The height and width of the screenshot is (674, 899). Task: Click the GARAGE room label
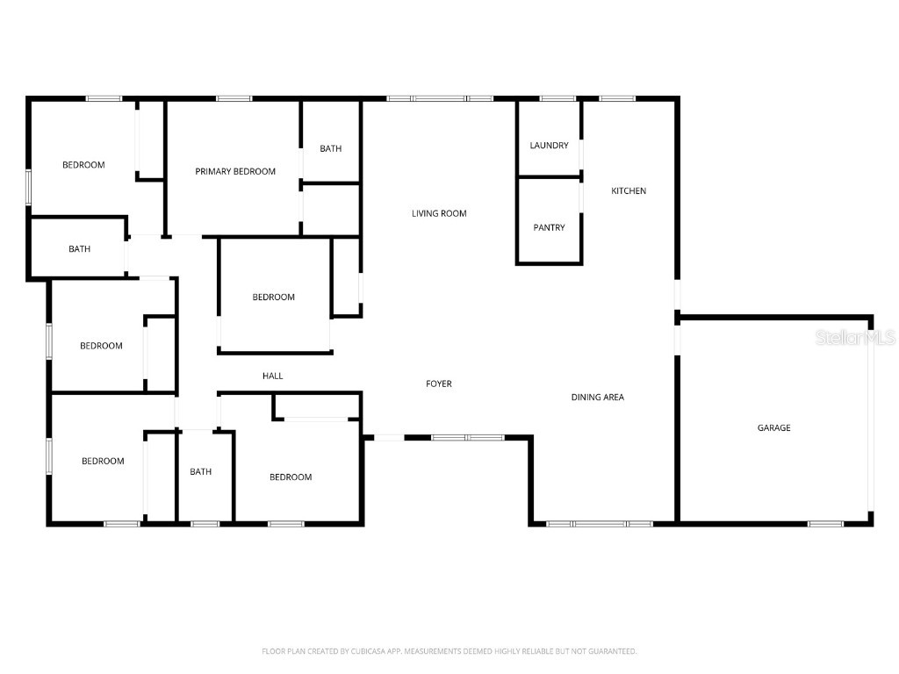coord(773,427)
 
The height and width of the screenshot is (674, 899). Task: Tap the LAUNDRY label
coord(549,146)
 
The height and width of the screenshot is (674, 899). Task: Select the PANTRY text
coord(549,227)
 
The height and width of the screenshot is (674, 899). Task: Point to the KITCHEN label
coord(629,190)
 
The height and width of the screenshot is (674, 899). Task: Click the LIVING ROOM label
coord(439,213)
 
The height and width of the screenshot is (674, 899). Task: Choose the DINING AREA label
coord(597,398)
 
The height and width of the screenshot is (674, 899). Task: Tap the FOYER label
coord(439,384)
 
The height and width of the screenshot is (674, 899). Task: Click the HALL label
coord(272,376)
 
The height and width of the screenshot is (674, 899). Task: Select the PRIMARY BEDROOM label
coord(235,171)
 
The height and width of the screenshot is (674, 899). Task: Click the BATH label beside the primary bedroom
coord(330,148)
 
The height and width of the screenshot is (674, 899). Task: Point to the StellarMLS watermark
coord(855,337)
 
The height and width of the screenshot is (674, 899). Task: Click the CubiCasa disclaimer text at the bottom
coord(449,651)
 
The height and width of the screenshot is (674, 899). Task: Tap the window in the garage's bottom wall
coord(825,524)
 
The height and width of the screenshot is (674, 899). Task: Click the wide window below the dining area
coord(599,524)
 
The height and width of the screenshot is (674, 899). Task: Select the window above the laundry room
coord(557,98)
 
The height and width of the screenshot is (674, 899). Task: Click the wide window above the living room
coord(440,98)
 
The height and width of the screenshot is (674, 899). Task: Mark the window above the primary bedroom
coord(234,98)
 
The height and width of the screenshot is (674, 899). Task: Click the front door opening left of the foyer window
coord(389,438)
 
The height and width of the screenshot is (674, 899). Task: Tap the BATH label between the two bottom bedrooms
coord(201,471)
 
